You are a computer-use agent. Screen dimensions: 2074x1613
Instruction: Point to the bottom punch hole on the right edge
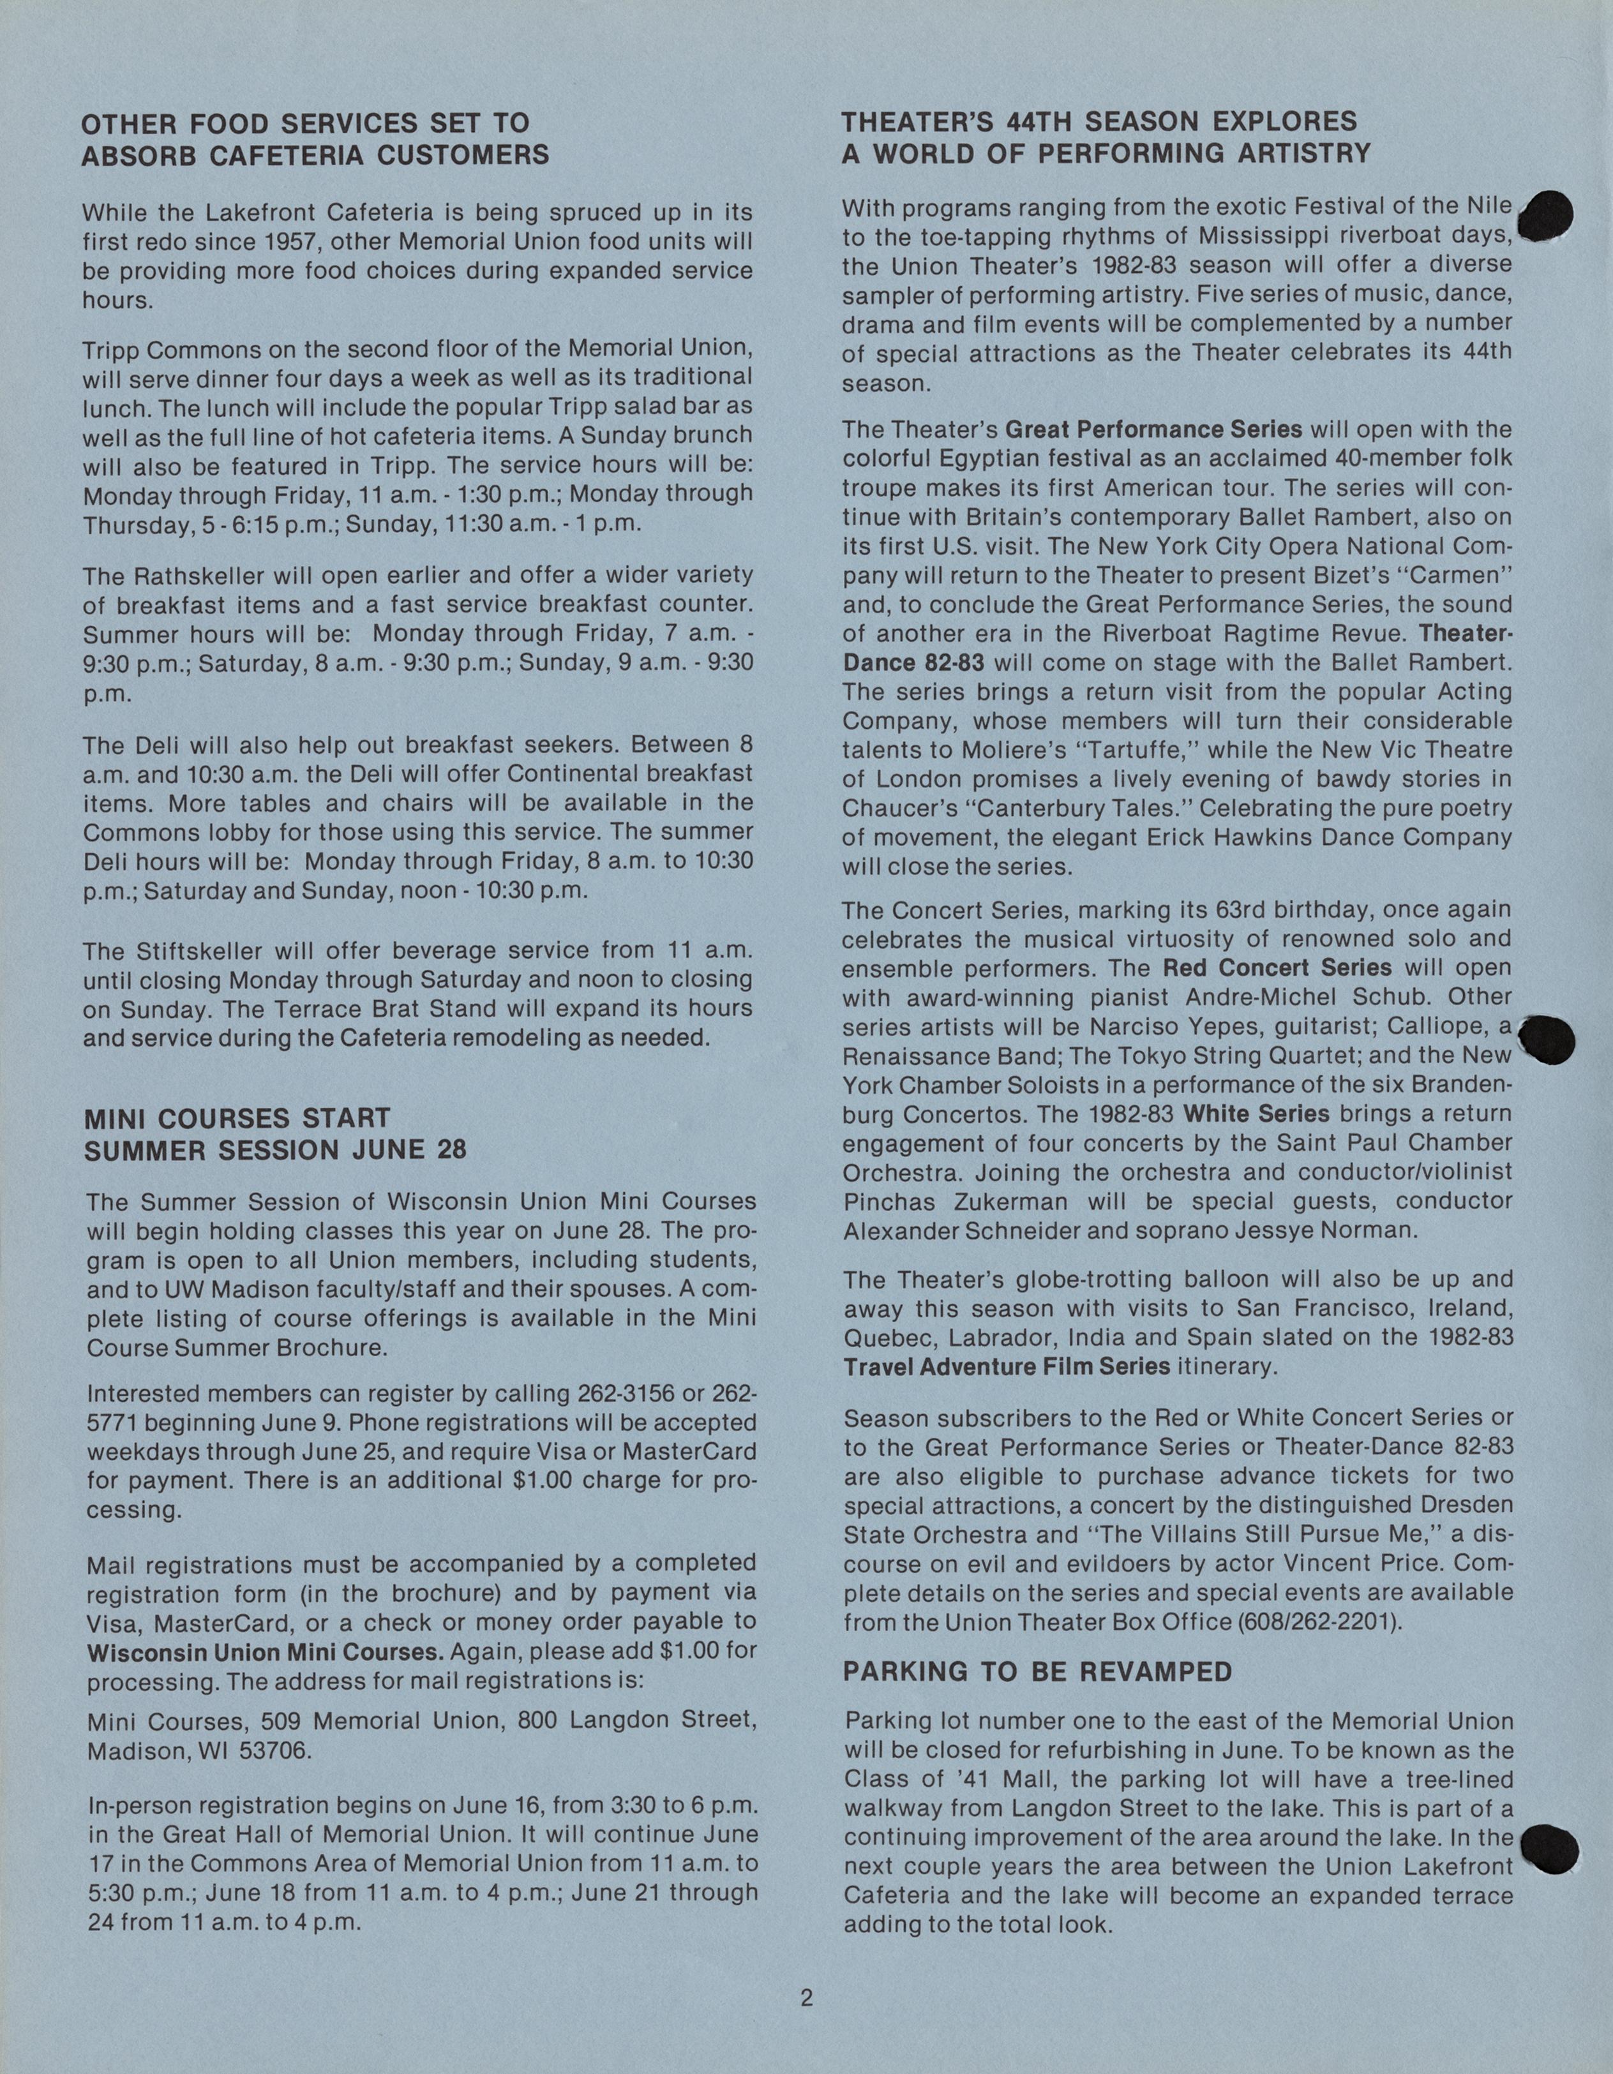point(1549,1849)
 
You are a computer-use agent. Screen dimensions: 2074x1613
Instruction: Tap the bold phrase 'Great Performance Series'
point(1153,429)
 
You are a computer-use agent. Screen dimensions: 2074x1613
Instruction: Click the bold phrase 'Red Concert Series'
point(1277,967)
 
